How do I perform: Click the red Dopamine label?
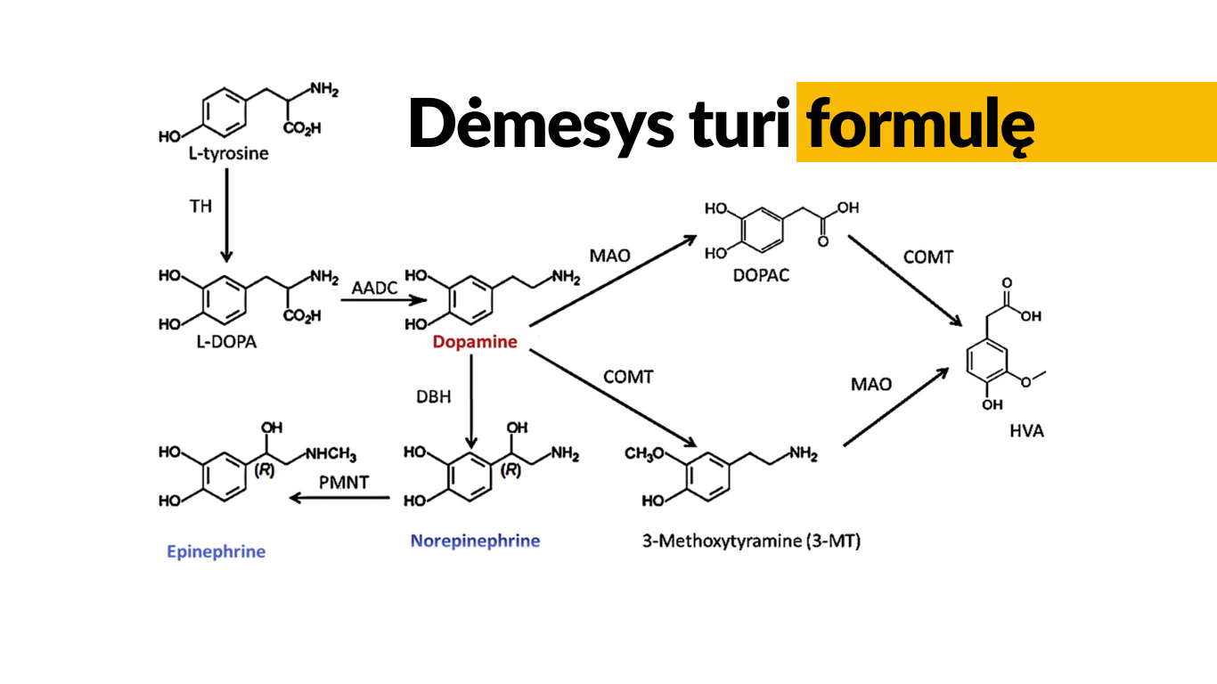tap(475, 342)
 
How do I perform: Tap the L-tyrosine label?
tap(228, 153)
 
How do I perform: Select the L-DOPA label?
tap(225, 342)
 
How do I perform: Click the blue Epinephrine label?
tap(216, 551)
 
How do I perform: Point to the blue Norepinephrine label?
tap(475, 541)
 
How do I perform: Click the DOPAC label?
tap(761, 275)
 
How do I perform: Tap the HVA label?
tap(1026, 431)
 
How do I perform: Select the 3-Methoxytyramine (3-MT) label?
tap(751, 541)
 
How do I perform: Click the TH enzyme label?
tap(200, 206)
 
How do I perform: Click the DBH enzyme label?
tap(433, 396)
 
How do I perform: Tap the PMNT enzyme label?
tap(344, 482)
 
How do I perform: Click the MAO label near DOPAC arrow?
tap(609, 256)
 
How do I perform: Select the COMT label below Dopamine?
tap(628, 377)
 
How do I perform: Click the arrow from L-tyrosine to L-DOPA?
tap(226, 214)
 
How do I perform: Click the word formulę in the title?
tap(920, 123)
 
